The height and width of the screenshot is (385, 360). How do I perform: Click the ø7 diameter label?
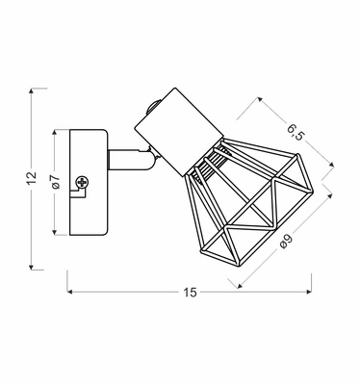click(x=55, y=182)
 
